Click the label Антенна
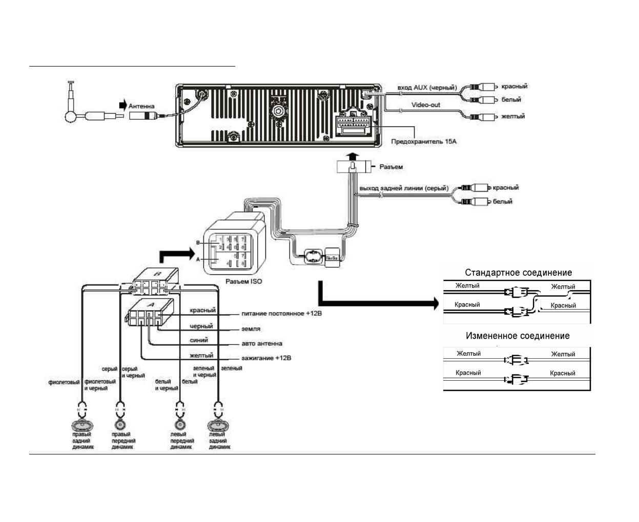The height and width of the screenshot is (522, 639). [x=141, y=106]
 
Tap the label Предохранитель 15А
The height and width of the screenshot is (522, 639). [x=423, y=141]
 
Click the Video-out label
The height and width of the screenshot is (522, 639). [x=425, y=105]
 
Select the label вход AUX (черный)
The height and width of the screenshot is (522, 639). [x=426, y=88]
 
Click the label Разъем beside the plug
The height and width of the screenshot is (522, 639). [x=391, y=167]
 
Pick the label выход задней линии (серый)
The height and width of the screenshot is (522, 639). [x=403, y=188]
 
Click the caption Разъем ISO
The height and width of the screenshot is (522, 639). [x=243, y=281]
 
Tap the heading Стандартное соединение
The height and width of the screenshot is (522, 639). [x=518, y=273]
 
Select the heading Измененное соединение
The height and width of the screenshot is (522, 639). [x=517, y=336]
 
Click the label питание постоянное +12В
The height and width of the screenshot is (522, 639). [x=281, y=313]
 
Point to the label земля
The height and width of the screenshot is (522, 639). [x=251, y=329]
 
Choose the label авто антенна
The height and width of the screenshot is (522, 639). [x=261, y=343]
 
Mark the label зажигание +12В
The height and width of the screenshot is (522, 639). [x=266, y=358]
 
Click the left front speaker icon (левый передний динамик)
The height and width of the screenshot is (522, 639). [x=180, y=425]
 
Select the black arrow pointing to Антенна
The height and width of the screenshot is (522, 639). [x=122, y=105]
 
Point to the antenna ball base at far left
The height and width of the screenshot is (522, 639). [x=71, y=116]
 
